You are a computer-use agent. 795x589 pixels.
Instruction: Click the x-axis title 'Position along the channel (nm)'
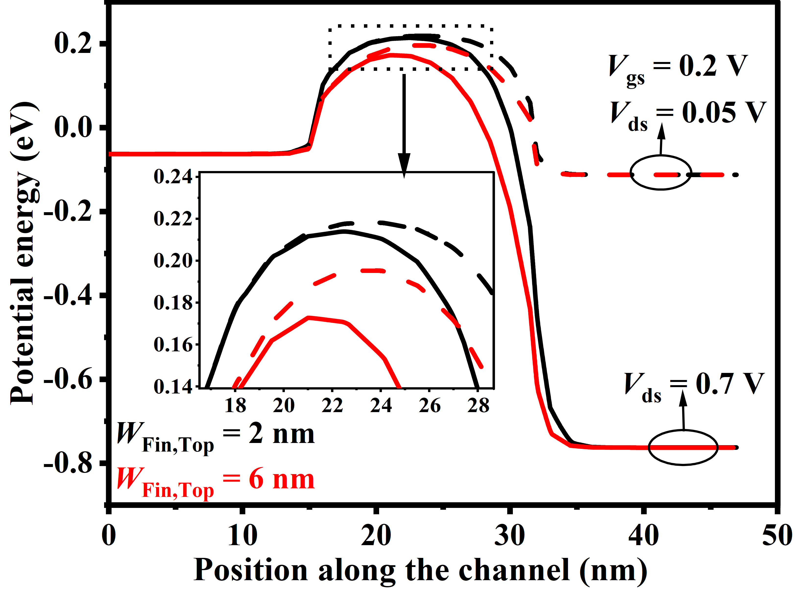click(x=421, y=570)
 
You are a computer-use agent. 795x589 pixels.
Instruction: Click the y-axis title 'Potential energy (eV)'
click(x=24, y=253)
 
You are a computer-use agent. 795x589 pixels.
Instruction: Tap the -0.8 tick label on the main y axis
click(x=68, y=464)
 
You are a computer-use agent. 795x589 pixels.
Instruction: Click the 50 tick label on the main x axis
click(x=777, y=536)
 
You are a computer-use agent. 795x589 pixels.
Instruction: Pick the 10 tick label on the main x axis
click(x=242, y=536)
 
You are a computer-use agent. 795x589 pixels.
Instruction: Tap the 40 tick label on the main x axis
click(x=643, y=536)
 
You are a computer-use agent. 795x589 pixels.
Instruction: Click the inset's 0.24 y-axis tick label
click(x=173, y=177)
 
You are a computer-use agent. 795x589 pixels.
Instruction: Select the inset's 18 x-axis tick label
click(x=235, y=406)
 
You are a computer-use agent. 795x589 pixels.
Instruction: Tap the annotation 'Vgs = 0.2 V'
click(x=677, y=68)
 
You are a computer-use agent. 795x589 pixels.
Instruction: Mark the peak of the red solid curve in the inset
click(x=309, y=317)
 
